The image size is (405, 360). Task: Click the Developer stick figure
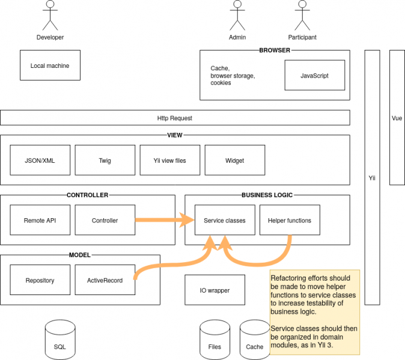pyautogui.click(x=50, y=16)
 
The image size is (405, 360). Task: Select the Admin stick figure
pyautogui.click(x=237, y=16)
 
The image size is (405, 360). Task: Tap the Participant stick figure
pyautogui.click(x=302, y=16)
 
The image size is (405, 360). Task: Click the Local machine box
pyautogui.click(x=50, y=66)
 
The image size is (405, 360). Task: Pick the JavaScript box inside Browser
pyautogui.click(x=314, y=76)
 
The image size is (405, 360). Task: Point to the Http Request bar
pyautogui.click(x=175, y=118)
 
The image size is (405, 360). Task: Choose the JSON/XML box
pyautogui.click(x=40, y=160)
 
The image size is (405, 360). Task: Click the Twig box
pyautogui.click(x=105, y=160)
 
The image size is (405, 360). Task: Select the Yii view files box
pyautogui.click(x=170, y=160)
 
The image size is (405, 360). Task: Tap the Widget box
pyautogui.click(x=235, y=160)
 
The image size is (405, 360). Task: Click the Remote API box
pyautogui.click(x=40, y=220)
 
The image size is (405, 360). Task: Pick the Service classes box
pyautogui.click(x=225, y=220)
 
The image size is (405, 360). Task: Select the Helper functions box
pyautogui.click(x=290, y=220)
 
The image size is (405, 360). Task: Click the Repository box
pyautogui.click(x=40, y=280)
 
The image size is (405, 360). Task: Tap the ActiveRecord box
pyautogui.click(x=105, y=280)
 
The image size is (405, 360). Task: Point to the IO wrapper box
pyautogui.click(x=215, y=290)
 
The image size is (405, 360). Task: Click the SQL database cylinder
pyautogui.click(x=60, y=340)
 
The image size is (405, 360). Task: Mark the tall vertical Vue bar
pyautogui.click(x=397, y=118)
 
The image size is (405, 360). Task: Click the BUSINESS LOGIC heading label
pyautogui.click(x=267, y=195)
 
